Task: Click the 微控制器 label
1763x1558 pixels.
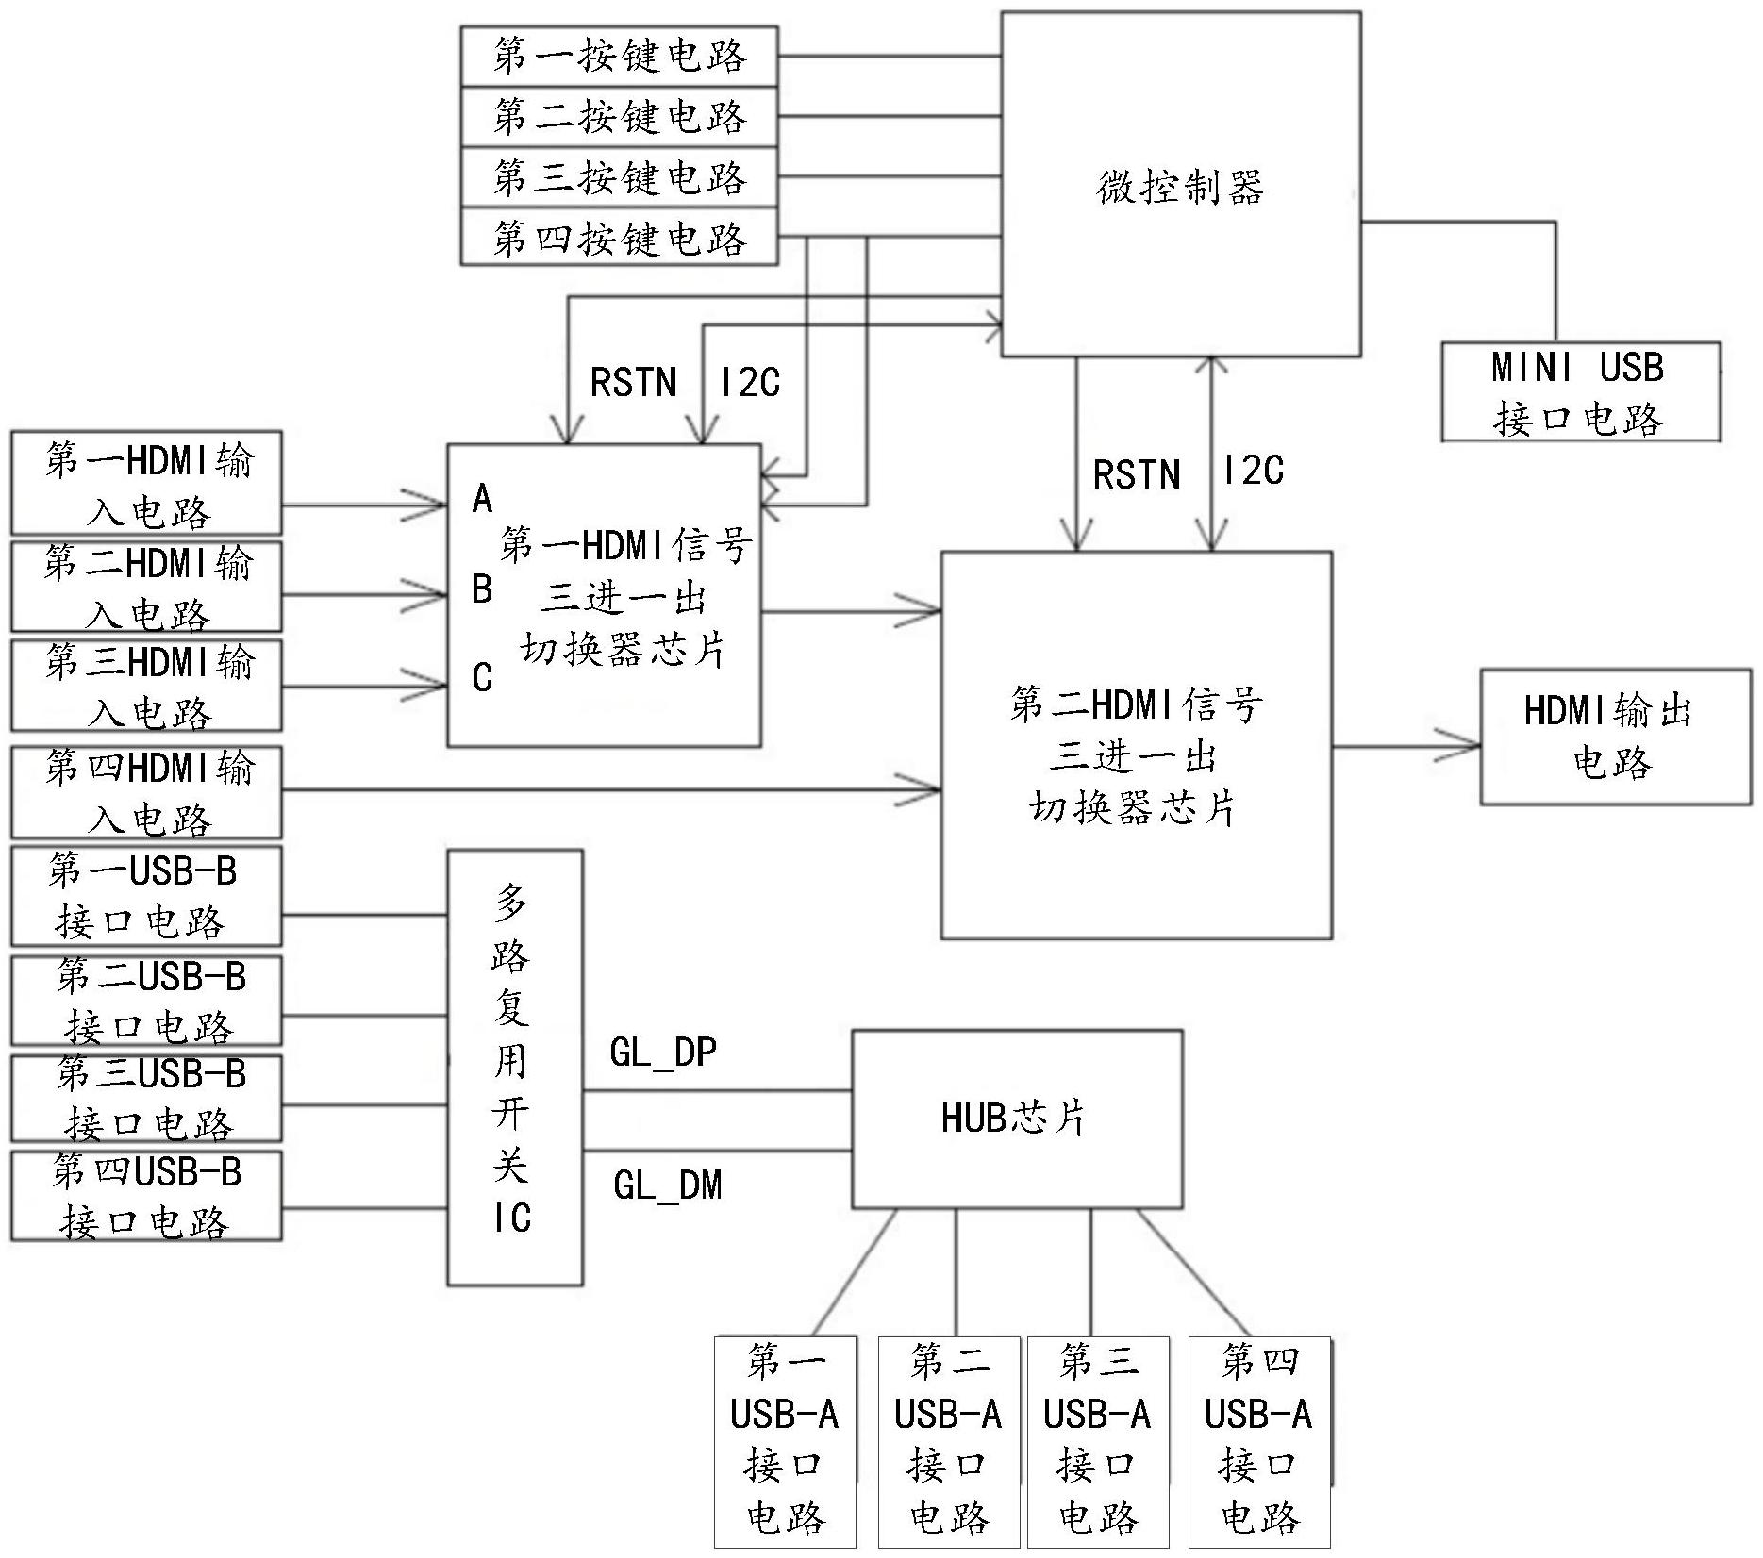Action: point(1179,188)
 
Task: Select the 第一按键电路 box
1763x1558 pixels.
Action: point(619,57)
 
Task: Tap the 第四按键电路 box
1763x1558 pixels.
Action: point(619,239)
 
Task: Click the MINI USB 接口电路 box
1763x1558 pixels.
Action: point(1580,392)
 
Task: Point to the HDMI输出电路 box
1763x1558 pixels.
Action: point(1614,737)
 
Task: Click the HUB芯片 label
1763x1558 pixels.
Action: point(1014,1118)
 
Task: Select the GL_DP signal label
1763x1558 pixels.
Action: point(663,1052)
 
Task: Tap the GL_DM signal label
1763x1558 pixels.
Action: point(667,1185)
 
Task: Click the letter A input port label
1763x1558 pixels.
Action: point(482,499)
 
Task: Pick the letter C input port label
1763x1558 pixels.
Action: point(482,677)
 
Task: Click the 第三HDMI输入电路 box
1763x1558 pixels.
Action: point(147,686)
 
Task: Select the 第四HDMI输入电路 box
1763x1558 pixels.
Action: point(147,792)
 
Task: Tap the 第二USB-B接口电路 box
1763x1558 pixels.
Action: point(147,1000)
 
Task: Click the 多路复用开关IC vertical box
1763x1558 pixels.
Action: point(514,1067)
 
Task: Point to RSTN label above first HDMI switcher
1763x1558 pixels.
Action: point(633,383)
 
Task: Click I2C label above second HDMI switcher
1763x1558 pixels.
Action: point(1253,470)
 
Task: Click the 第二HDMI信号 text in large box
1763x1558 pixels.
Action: point(1136,704)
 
